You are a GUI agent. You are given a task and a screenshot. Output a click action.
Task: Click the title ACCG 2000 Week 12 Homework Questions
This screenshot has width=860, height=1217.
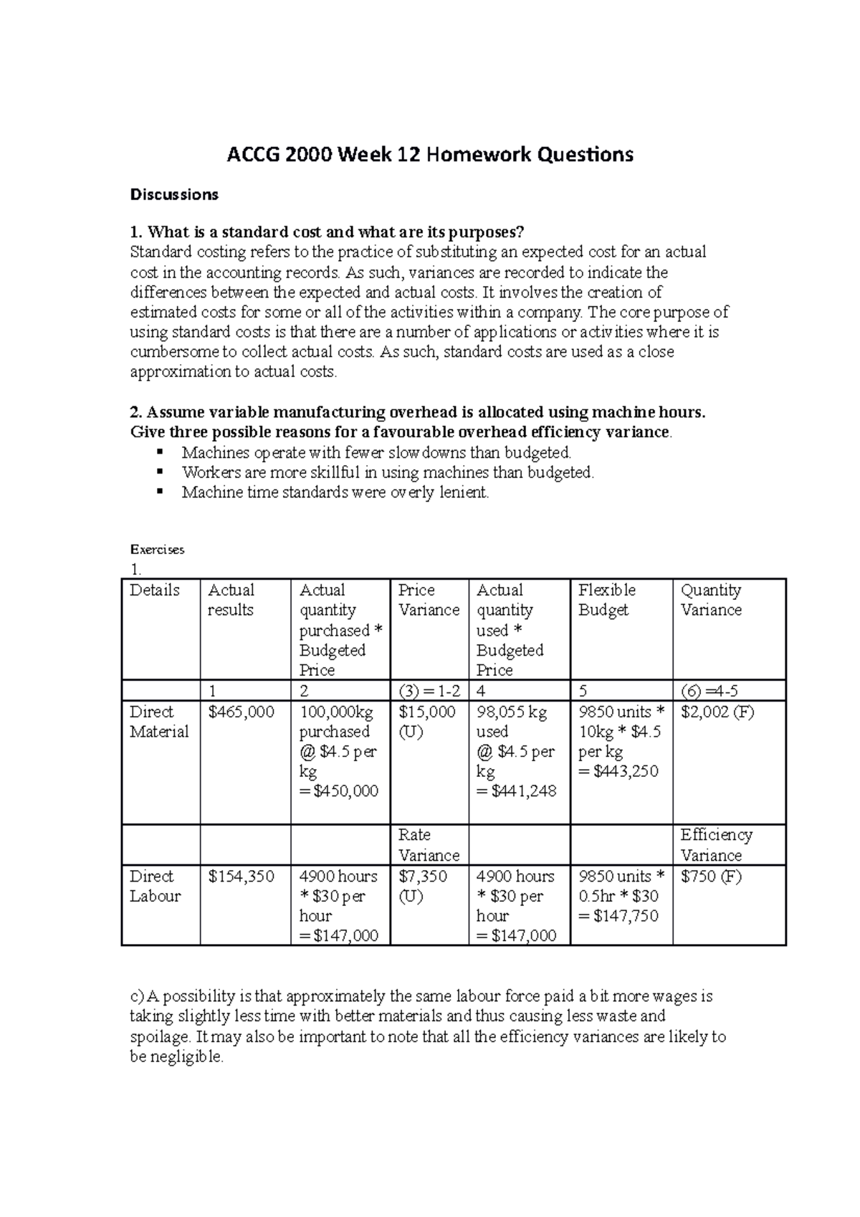point(430,155)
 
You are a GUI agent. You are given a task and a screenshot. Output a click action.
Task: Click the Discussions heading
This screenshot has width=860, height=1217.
point(173,194)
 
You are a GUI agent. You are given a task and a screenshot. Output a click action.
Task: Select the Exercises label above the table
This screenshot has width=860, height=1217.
point(157,550)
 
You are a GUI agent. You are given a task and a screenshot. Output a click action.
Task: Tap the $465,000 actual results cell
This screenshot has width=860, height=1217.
point(241,712)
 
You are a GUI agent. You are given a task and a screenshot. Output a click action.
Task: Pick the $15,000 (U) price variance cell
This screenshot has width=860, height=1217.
point(427,722)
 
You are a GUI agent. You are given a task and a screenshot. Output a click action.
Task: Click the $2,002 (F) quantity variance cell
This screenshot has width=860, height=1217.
point(717,712)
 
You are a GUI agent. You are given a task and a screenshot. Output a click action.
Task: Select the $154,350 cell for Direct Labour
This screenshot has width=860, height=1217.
point(241,877)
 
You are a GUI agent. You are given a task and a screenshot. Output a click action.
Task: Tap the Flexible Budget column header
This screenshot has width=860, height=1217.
point(606,600)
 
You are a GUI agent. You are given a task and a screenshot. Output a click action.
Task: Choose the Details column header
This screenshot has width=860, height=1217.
point(154,590)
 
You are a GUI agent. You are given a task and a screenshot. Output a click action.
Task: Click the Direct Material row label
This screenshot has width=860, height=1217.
point(158,722)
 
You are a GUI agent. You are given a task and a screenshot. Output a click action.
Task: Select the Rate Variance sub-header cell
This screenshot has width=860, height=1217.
point(429,845)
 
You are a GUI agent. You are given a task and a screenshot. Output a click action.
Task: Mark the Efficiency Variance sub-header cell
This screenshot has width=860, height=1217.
point(716,845)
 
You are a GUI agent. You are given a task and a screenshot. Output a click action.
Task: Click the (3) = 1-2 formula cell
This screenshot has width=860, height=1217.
point(429,692)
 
